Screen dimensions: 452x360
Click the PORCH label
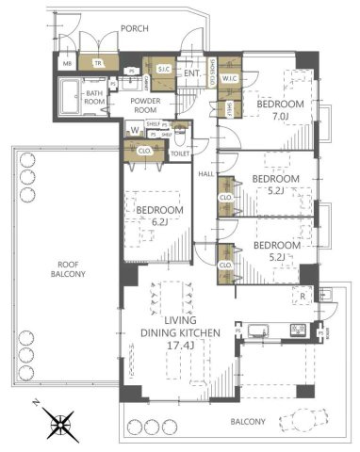coord(135,29)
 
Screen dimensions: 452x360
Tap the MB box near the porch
coord(66,64)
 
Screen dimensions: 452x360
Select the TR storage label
coord(97,64)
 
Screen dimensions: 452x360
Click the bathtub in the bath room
coord(74,97)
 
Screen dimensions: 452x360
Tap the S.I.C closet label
coord(162,69)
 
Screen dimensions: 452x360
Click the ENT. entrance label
coord(191,73)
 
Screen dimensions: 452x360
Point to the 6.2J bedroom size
coord(150,225)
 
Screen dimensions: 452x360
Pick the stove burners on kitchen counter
coord(298,330)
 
